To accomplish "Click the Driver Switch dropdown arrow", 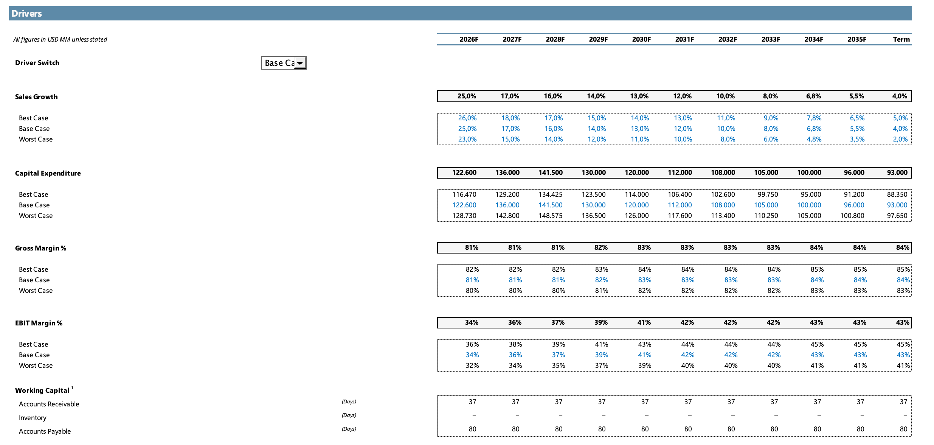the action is (x=300, y=63).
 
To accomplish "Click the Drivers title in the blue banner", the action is (x=26, y=14).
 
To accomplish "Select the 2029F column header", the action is (x=598, y=39).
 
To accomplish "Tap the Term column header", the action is (x=901, y=39).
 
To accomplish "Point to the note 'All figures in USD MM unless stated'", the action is (x=60, y=39).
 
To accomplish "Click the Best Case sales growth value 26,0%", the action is (x=467, y=118).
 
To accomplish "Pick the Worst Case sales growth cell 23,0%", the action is (x=467, y=139).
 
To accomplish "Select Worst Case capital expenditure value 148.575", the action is (x=551, y=216).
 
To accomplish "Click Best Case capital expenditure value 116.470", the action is (x=464, y=194).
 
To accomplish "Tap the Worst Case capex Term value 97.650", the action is (x=897, y=216).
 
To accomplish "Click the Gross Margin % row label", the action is (x=40, y=248).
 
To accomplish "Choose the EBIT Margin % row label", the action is (x=39, y=323).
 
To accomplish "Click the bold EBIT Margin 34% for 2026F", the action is (x=472, y=322).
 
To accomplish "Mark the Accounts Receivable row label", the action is (x=49, y=404).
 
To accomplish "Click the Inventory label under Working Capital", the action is (x=33, y=418).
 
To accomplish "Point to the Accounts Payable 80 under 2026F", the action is (x=473, y=429).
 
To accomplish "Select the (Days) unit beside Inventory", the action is (x=349, y=415).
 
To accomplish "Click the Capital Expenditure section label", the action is (x=48, y=173).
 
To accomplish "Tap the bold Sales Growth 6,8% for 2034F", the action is (x=813, y=96).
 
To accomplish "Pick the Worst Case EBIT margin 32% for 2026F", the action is (x=472, y=366).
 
